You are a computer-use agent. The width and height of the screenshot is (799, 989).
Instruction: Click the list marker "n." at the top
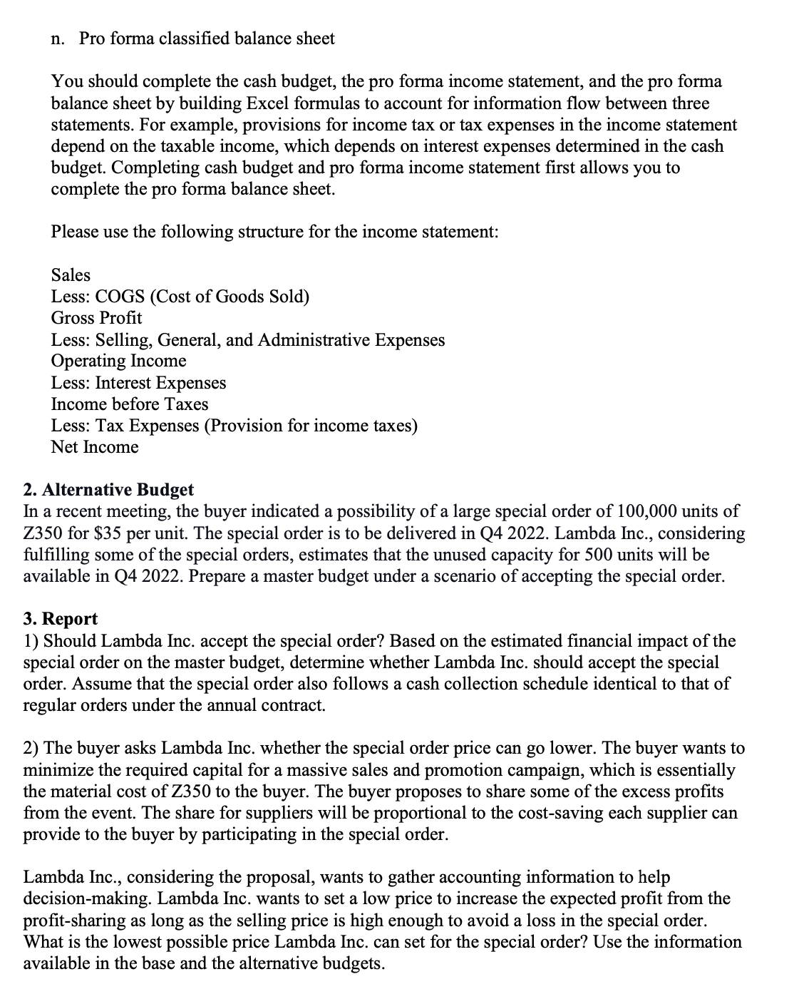pyautogui.click(x=58, y=39)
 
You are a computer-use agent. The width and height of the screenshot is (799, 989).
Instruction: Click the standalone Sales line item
pyautogui.click(x=71, y=275)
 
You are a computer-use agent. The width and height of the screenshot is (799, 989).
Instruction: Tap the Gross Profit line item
pyautogui.click(x=96, y=318)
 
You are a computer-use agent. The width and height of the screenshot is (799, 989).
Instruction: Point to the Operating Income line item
pyautogui.click(x=118, y=361)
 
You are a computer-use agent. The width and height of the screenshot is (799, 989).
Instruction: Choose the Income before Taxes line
pyautogui.click(x=130, y=404)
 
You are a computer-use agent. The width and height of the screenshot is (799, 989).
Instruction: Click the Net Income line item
pyautogui.click(x=95, y=447)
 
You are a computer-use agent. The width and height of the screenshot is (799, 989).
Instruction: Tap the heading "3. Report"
pyautogui.click(x=61, y=619)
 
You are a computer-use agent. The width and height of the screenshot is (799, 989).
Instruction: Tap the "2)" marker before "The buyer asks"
pyautogui.click(x=31, y=748)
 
